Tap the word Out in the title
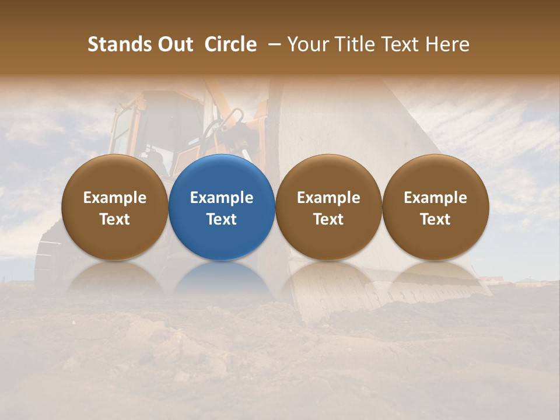pos(175,44)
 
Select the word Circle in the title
pos(230,44)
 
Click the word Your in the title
pos(310,44)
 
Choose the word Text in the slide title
pos(402,44)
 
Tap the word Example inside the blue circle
pos(222,198)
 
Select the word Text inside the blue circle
pos(222,219)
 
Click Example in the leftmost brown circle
pos(115,198)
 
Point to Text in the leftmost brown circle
pos(115,219)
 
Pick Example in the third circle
pos(328,198)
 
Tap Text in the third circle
pos(328,219)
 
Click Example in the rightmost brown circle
pos(435,198)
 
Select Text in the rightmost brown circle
pos(435,219)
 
